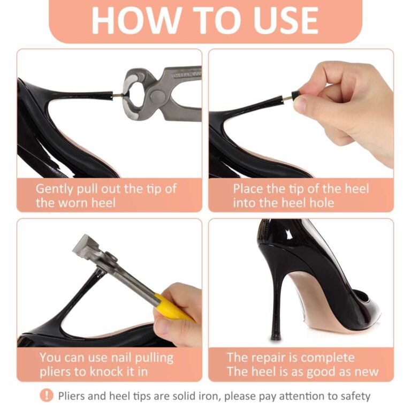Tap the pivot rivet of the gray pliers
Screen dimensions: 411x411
156,96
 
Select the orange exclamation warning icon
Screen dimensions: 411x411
47,395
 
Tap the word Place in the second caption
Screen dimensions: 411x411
248,189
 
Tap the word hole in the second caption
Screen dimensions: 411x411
322,203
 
